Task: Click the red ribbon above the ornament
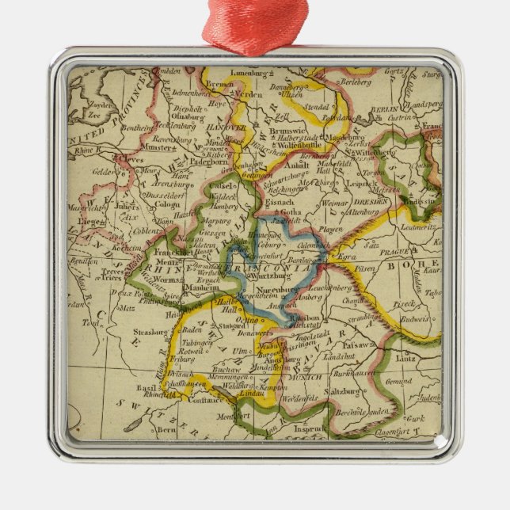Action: pyautogui.click(x=255, y=24)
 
